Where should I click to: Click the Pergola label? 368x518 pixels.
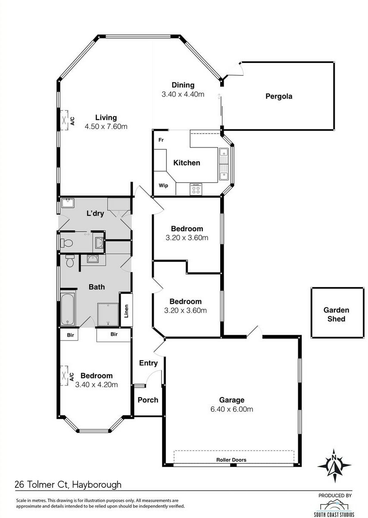pyautogui.click(x=279, y=96)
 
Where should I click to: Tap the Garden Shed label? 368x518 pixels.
pyautogui.click(x=336, y=314)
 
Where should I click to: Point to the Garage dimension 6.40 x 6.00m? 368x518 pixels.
pyautogui.click(x=231, y=409)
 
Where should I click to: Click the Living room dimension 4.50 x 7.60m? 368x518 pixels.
pyautogui.click(x=106, y=126)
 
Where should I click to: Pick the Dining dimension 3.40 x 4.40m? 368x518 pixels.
pyautogui.click(x=183, y=94)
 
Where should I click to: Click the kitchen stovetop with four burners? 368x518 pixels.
pyautogui.click(x=196, y=190)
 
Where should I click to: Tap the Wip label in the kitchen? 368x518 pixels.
pyautogui.click(x=163, y=186)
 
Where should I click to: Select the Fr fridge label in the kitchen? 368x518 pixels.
pyautogui.click(x=161, y=140)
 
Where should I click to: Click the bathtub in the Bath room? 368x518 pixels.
pyautogui.click(x=68, y=309)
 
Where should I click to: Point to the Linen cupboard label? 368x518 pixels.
pyautogui.click(x=126, y=311)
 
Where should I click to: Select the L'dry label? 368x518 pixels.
pyautogui.click(x=95, y=213)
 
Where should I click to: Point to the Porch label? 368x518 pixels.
pyautogui.click(x=148, y=400)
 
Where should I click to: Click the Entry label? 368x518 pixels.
pyautogui.click(x=148, y=363)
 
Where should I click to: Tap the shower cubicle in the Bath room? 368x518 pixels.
pyautogui.click(x=108, y=314)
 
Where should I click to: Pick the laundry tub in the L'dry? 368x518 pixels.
pyautogui.click(x=68, y=203)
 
